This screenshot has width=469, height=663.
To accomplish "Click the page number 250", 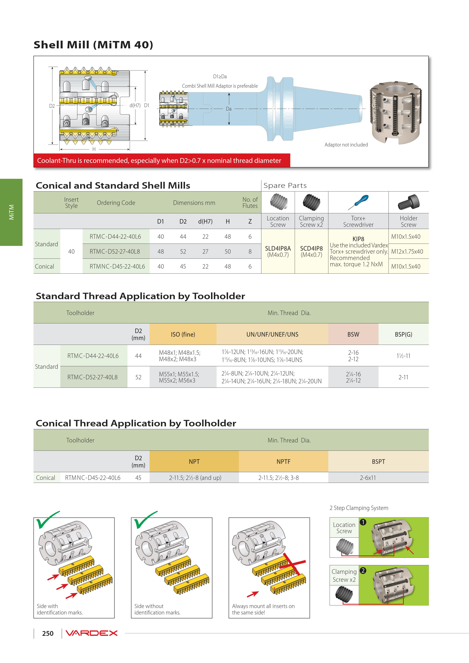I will pos(48,633).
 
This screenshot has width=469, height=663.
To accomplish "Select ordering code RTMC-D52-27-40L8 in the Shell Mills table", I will pos(115,252).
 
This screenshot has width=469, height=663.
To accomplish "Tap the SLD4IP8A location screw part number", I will pos(278,248).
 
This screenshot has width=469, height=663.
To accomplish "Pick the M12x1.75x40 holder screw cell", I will pos(407,252).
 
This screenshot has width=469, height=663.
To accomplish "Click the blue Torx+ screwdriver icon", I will pos(358,202).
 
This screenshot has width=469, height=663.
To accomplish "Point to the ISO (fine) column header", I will pos(183,334).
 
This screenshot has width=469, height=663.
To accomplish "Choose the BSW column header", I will pos(353,334).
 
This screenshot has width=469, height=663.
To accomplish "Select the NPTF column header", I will pos(283,462).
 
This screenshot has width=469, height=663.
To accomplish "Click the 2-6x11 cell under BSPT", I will pos(368,478).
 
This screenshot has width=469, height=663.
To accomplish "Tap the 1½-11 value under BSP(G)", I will pos(403,356).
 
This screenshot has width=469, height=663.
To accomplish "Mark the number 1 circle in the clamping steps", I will pos(363,522).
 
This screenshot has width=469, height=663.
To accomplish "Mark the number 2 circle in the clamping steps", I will pos(363,570).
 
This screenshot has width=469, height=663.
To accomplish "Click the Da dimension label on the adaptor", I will pos(229,109).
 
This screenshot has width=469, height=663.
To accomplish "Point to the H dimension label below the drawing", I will pos(94,149).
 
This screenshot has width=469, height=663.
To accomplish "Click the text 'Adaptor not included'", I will pos(346,145).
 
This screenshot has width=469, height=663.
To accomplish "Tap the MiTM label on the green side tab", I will pos(12,212).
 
